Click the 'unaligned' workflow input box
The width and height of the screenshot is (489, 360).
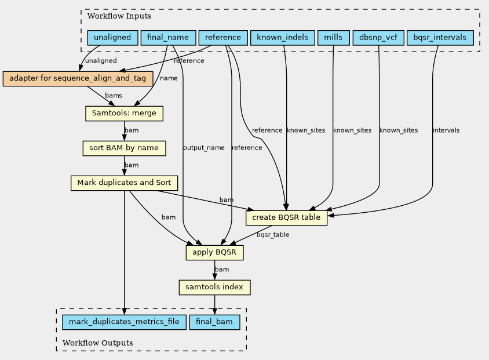[x=112, y=38]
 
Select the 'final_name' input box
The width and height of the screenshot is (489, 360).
[x=169, y=38]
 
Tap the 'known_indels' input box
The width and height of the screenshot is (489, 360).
[x=283, y=38]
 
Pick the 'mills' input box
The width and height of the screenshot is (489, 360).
[x=333, y=38]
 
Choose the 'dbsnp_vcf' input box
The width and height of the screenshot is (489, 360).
[x=378, y=38]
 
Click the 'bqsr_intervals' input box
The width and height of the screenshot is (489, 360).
[x=440, y=38]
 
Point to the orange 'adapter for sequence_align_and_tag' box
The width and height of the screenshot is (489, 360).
[x=78, y=79]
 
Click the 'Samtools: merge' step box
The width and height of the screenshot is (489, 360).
[x=124, y=114]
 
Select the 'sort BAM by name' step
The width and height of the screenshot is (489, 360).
[x=124, y=148]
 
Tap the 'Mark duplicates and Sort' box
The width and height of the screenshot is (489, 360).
[x=124, y=183]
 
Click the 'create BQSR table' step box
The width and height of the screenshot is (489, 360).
[x=286, y=218]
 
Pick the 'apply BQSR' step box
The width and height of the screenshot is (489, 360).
[x=214, y=253]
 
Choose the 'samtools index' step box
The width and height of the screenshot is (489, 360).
[x=214, y=288]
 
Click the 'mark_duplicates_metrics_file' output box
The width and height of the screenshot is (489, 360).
[x=124, y=322]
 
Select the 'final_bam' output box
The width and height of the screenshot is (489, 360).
[x=214, y=322]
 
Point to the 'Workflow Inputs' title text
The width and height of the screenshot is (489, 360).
[x=119, y=16]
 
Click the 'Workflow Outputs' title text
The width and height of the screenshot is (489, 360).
[x=97, y=343]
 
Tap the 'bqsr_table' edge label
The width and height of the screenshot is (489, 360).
[x=273, y=235]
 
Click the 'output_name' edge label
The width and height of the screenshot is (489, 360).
[x=203, y=148]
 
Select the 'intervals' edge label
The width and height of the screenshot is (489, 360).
[x=446, y=130]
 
